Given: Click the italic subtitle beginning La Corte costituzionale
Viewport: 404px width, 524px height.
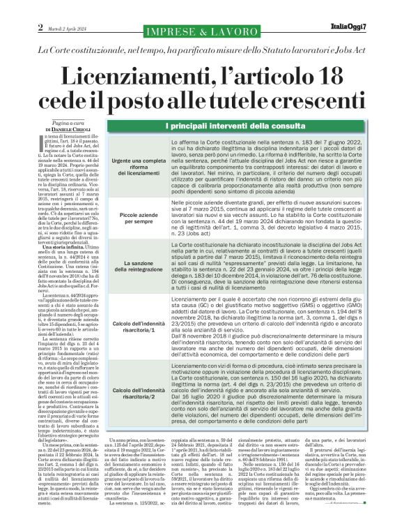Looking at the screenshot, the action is [x=201, y=51].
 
